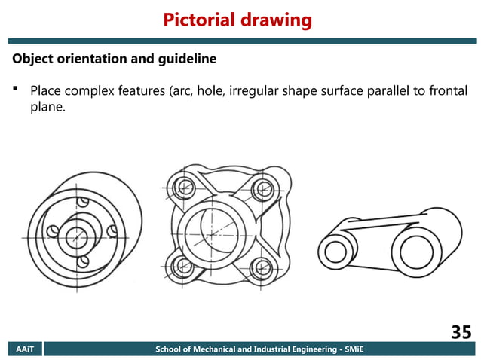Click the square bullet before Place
pyautogui.click(x=15, y=92)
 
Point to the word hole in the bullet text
pyautogui.click(x=209, y=92)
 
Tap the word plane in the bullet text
pyautogui.click(x=48, y=108)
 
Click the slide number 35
pyautogui.click(x=461, y=331)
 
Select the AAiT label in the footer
pyautogui.click(x=25, y=349)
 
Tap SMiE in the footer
pyautogui.click(x=351, y=349)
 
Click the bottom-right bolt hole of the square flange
pyautogui.click(x=261, y=266)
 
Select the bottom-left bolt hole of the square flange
pyautogui.click(x=182, y=266)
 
